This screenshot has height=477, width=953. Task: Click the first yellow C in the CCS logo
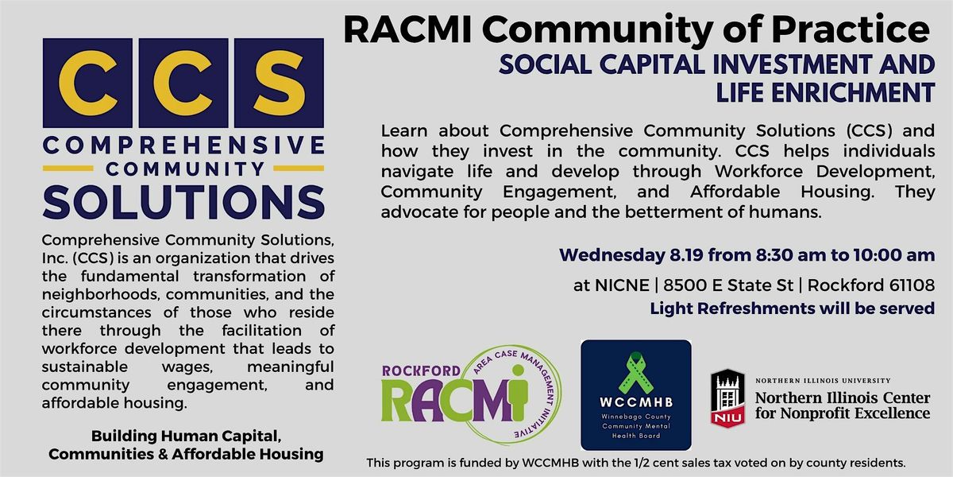(x=87, y=83)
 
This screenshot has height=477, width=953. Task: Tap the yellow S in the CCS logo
(x=279, y=83)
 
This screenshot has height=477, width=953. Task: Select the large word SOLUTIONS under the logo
(x=183, y=202)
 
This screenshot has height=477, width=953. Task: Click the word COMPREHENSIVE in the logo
(x=183, y=145)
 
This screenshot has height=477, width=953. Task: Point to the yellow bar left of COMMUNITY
(x=68, y=169)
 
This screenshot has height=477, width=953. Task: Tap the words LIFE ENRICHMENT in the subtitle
(x=825, y=92)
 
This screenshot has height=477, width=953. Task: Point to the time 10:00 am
(x=894, y=255)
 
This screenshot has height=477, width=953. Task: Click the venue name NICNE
(x=622, y=285)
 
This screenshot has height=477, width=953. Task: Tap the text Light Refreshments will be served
(x=793, y=308)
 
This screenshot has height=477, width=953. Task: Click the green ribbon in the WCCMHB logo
(x=635, y=373)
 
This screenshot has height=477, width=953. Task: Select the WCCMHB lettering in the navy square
(x=636, y=402)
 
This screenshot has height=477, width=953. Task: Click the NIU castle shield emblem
(x=728, y=397)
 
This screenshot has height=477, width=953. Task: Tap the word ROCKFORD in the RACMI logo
(x=421, y=371)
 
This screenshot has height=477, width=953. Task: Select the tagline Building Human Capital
(x=186, y=436)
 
